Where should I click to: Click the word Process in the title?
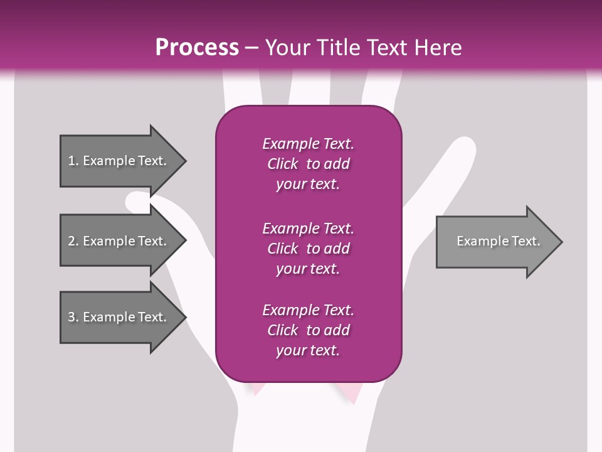pyautogui.click(x=197, y=48)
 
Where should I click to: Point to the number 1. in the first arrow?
pyautogui.click(x=73, y=161)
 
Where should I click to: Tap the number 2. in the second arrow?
pyautogui.click(x=73, y=241)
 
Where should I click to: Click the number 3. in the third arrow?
pyautogui.click(x=73, y=317)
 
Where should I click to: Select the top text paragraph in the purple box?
pyautogui.click(x=308, y=164)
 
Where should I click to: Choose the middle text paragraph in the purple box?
pyautogui.click(x=308, y=248)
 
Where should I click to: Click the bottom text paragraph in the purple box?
pyautogui.click(x=308, y=330)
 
